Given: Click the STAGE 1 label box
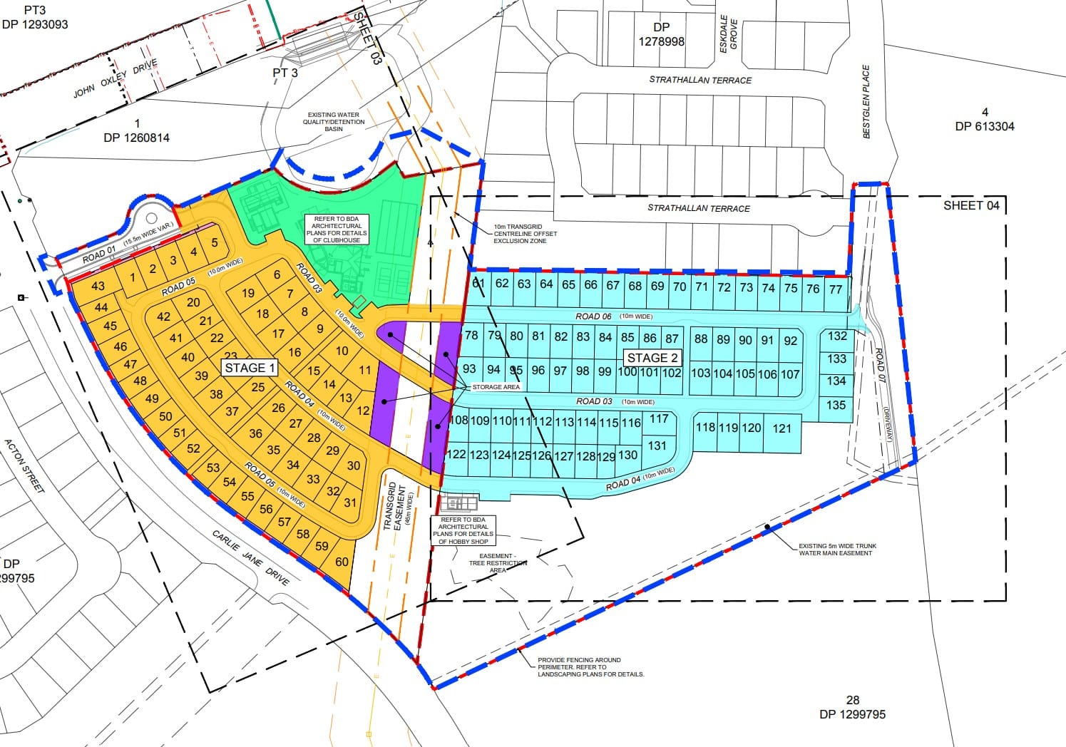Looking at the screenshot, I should tap(250, 368).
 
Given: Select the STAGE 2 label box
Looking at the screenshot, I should tap(652, 357).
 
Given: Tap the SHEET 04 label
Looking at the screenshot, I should tap(971, 206).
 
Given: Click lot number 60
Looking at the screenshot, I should tap(342, 562).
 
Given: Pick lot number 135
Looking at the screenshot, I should tap(836, 405).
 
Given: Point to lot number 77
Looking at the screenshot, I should tap(836, 289).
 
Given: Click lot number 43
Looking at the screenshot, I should tap(98, 286).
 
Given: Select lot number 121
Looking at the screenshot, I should tap(781, 428).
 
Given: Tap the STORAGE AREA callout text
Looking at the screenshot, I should tap(496, 387).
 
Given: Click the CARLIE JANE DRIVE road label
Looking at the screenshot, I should tap(251, 558).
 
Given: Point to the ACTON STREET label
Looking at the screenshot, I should tap(25, 465).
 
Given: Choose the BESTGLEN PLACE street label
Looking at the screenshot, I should tap(866, 101).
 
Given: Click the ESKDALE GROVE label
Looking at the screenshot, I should tap(728, 34).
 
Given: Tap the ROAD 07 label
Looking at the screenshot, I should tap(880, 366).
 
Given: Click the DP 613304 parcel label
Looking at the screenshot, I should tap(984, 120).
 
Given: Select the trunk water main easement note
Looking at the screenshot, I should tap(837, 550).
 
